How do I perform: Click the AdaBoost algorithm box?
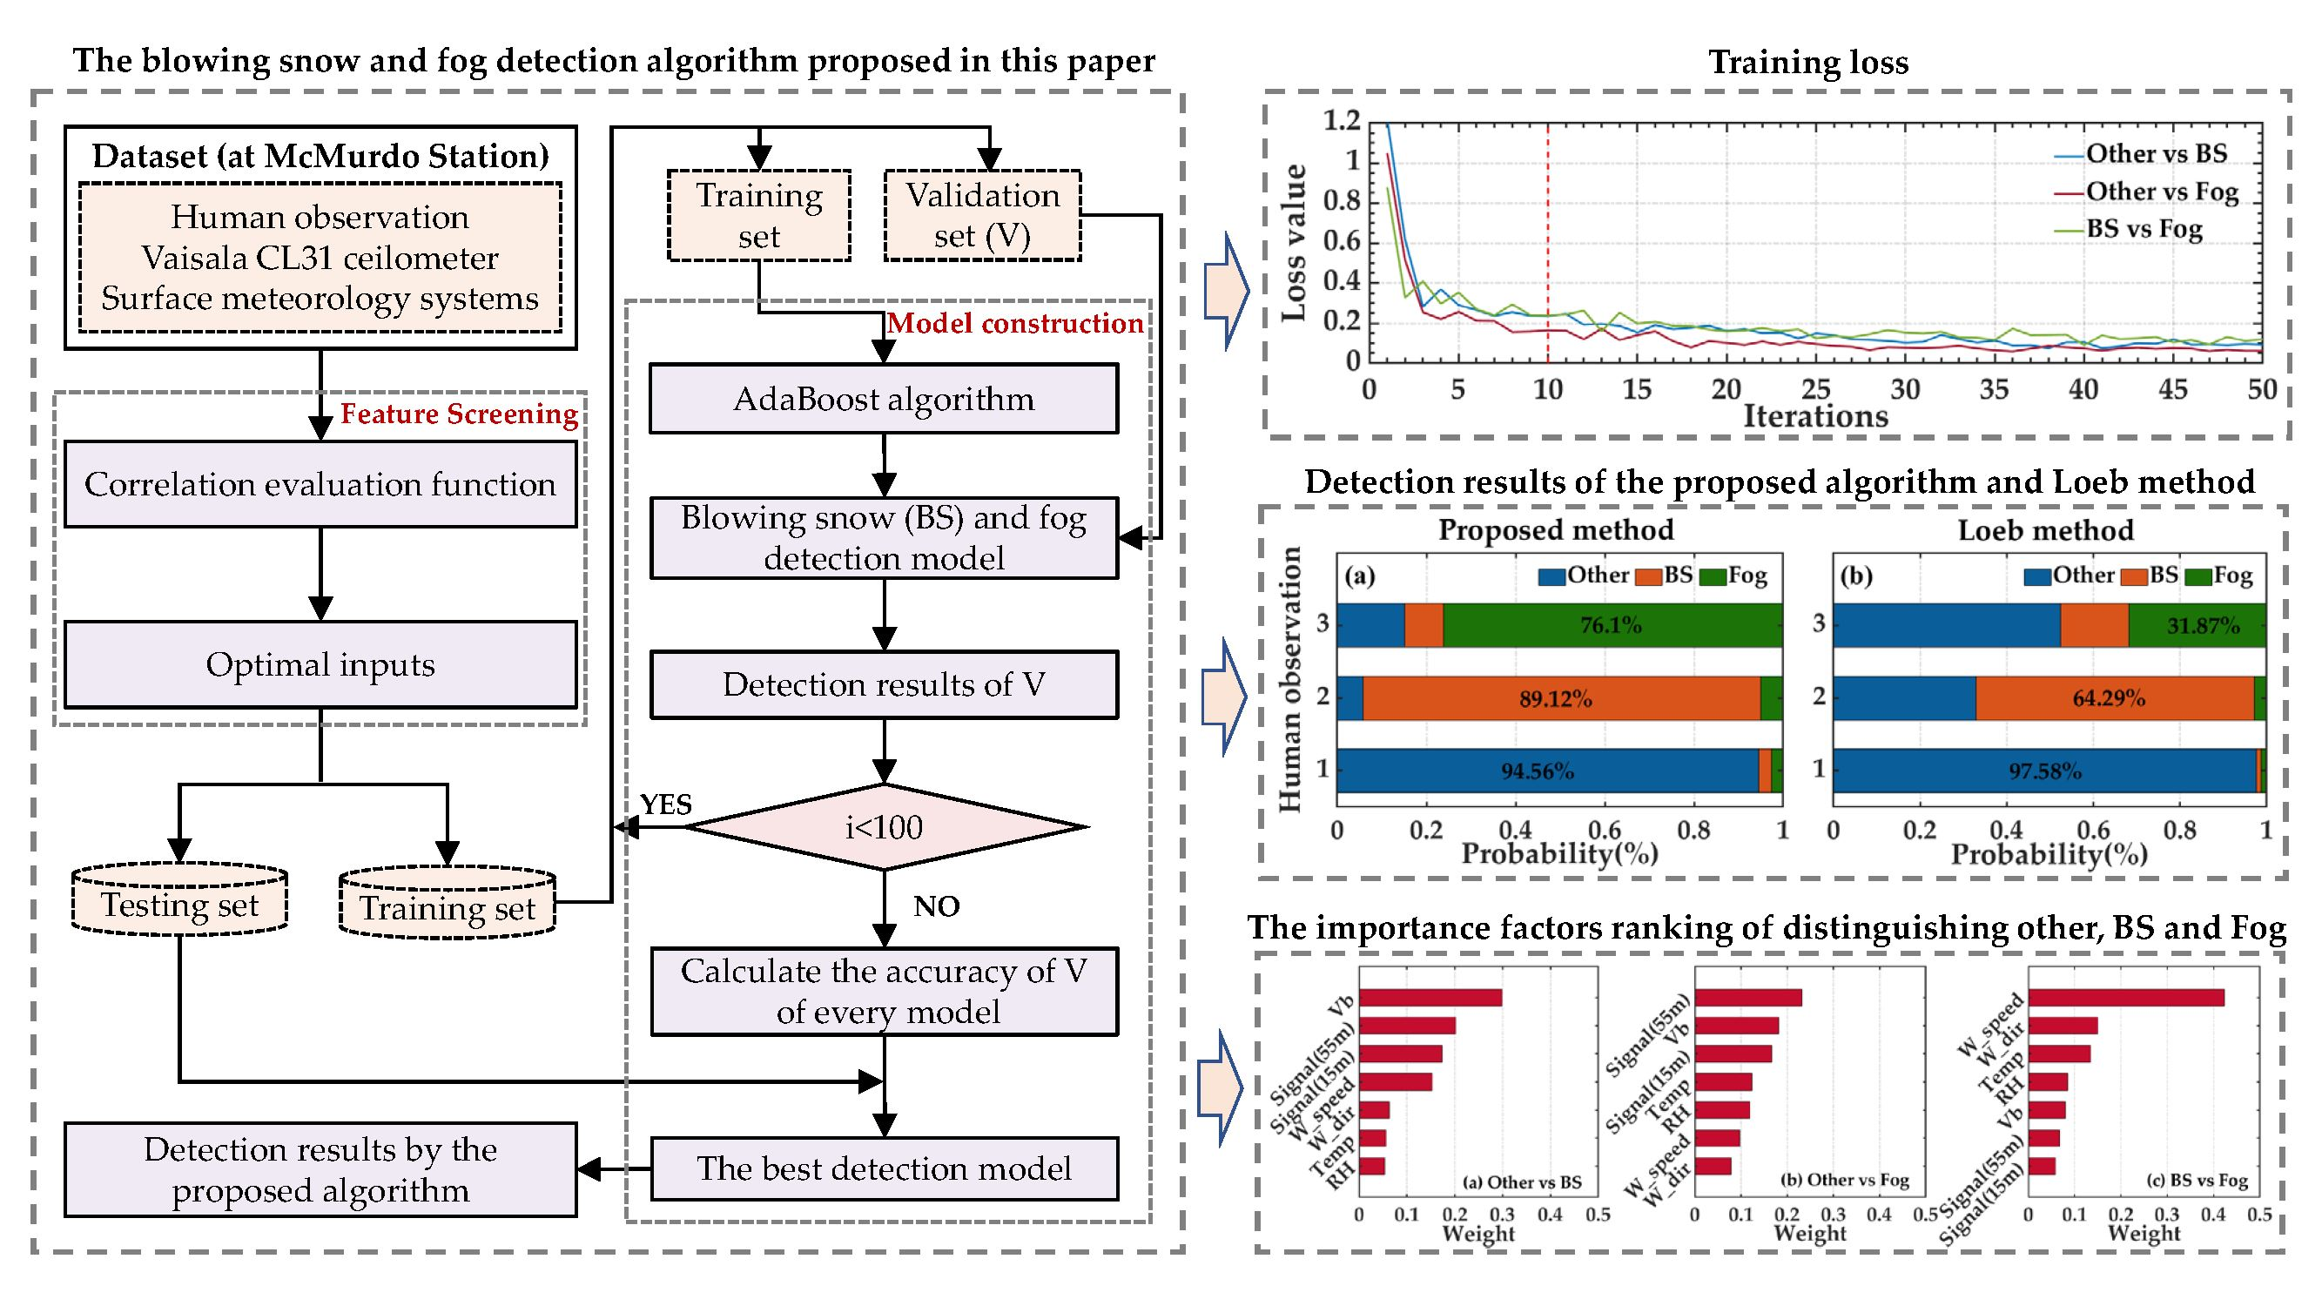coord(884,400)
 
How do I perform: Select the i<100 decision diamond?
coord(884,826)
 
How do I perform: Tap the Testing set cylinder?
coord(179,904)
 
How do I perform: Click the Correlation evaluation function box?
coord(320,485)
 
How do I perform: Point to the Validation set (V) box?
coord(983,215)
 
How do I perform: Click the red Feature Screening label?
coord(459,414)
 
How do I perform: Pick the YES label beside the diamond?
coord(665,804)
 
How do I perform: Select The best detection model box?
coord(884,1169)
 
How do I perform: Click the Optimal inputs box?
coord(320,665)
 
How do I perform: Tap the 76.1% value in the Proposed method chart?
coord(1610,625)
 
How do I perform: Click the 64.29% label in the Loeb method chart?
coord(2108,698)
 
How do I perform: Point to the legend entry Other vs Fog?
coord(2162,192)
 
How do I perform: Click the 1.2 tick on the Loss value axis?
coord(1341,120)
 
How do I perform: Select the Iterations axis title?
coord(1814,416)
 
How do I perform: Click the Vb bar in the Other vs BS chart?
coord(1430,998)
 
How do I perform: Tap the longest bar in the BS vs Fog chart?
coord(2125,998)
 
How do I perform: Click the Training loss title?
coord(1808,62)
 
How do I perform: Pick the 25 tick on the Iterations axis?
coord(1814,389)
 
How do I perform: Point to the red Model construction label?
coord(1015,324)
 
